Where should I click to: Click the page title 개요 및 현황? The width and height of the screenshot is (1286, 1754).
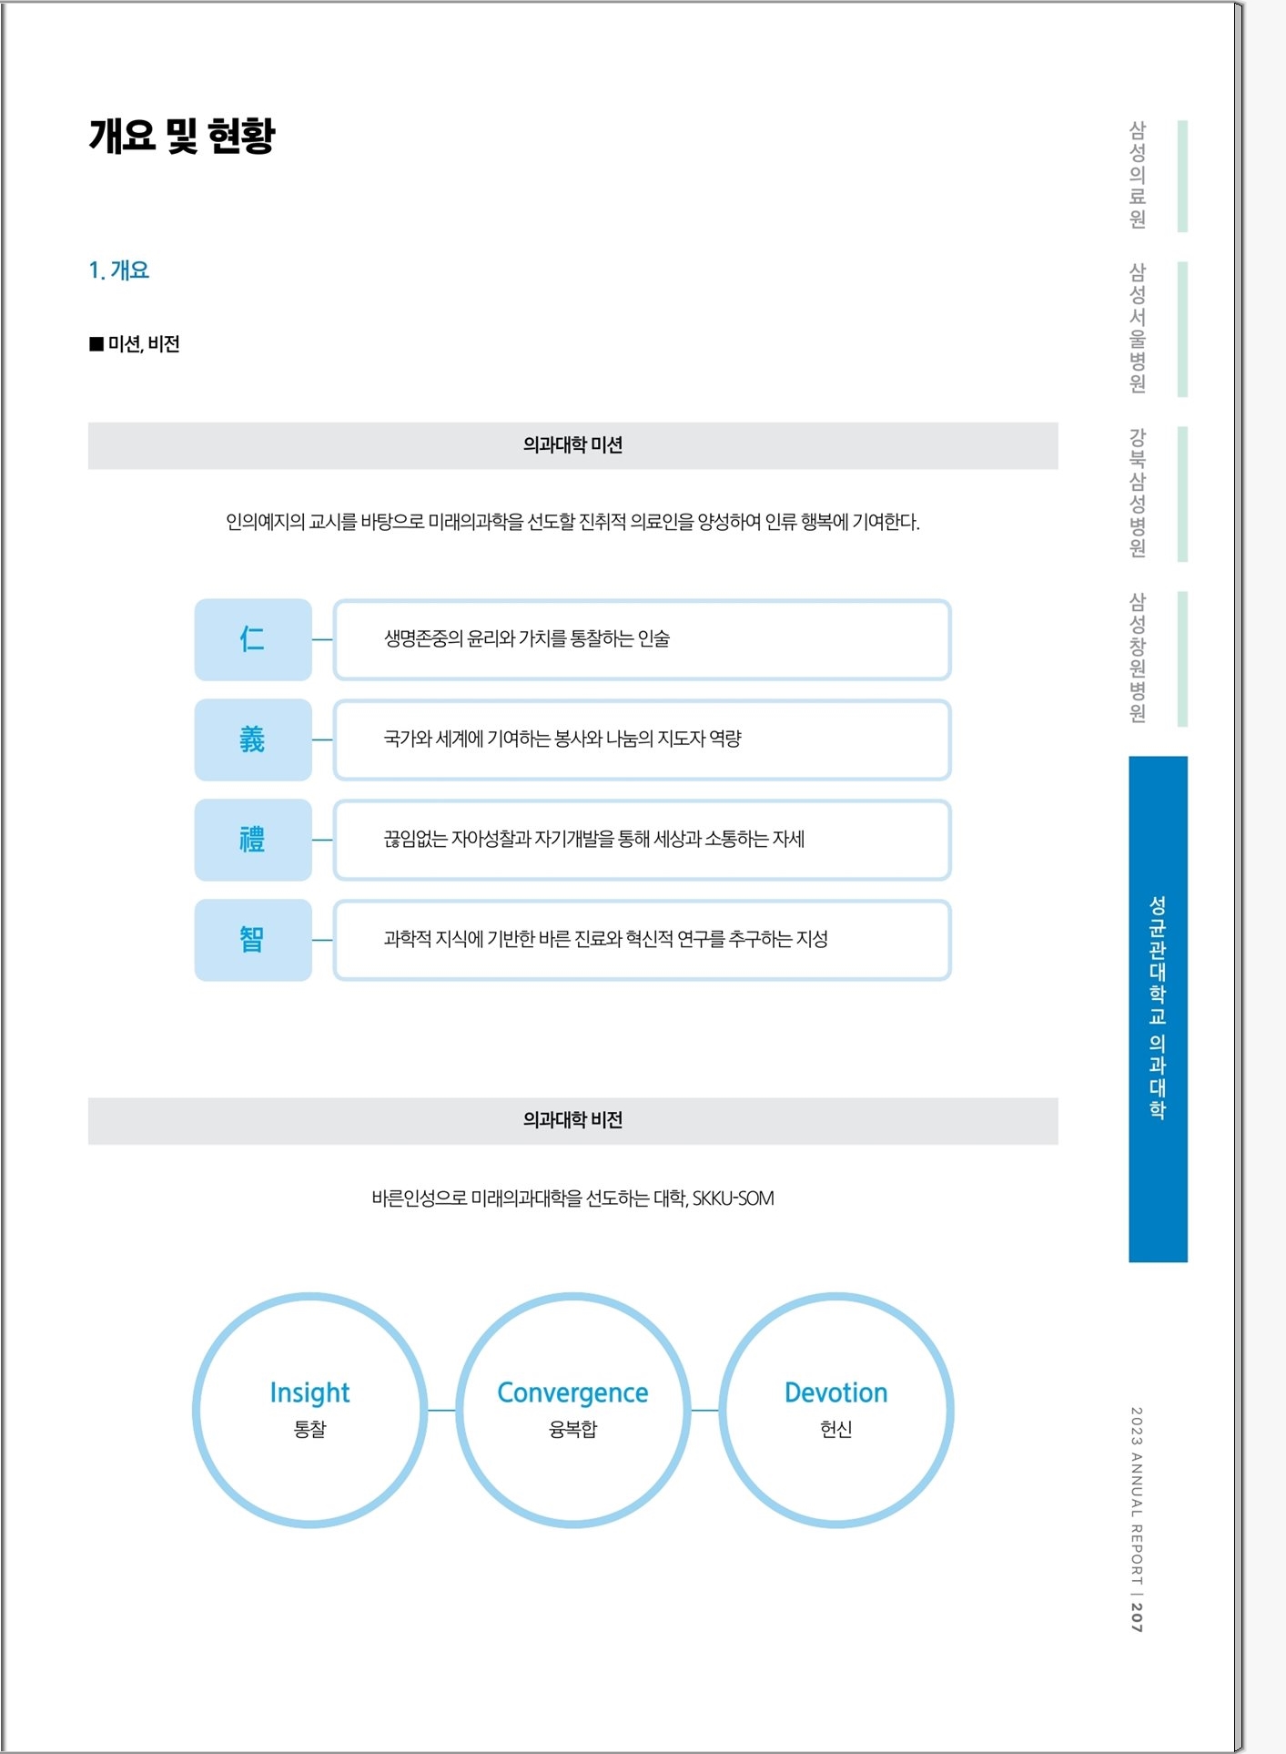click(182, 136)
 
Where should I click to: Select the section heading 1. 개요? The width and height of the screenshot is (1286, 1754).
click(118, 270)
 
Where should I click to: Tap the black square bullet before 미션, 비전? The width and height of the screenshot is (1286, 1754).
click(96, 343)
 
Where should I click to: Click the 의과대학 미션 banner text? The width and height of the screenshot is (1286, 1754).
click(572, 444)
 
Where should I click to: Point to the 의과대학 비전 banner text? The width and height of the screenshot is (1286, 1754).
click(572, 1120)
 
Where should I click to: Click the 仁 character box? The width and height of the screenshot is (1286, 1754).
click(253, 639)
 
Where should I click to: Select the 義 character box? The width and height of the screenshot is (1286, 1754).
click(253, 739)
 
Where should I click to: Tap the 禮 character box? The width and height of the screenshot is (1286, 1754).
click(253, 840)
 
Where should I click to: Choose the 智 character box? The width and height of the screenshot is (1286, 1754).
click(253, 940)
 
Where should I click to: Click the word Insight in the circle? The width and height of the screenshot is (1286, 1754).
click(309, 1392)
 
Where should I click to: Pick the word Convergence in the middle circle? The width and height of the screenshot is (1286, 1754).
click(572, 1392)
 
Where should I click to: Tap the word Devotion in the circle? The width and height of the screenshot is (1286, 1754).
click(835, 1392)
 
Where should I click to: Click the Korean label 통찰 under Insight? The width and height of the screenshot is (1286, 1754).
click(309, 1429)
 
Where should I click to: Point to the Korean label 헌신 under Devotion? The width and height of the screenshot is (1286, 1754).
click(835, 1429)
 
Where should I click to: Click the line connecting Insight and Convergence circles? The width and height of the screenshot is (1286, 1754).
click(441, 1410)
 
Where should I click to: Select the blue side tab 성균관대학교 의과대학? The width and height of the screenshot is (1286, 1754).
click(1158, 1009)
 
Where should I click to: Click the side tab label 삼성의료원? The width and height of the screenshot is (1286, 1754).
click(1138, 175)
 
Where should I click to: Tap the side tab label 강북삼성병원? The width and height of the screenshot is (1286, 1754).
click(1138, 493)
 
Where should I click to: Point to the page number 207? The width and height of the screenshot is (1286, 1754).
click(1137, 1616)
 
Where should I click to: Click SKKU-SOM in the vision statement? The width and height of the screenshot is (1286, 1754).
click(734, 1198)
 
